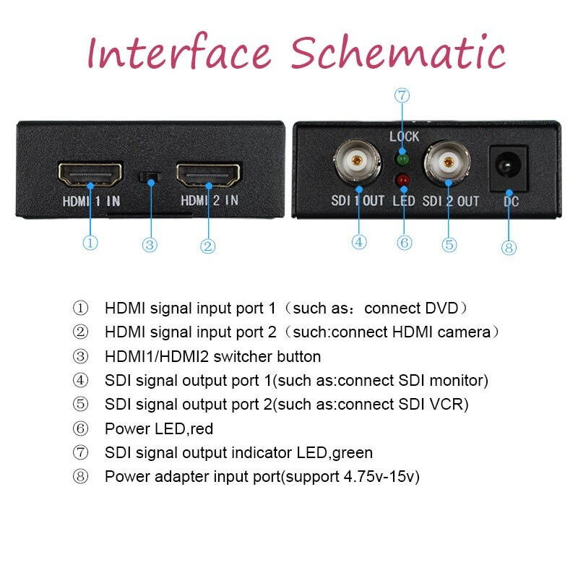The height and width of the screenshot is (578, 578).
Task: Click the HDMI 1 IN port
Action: point(90,173)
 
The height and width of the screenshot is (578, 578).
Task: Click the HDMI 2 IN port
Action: point(209,173)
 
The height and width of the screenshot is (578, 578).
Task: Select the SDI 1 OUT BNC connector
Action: point(358,165)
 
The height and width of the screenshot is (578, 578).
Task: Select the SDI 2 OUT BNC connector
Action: point(449,165)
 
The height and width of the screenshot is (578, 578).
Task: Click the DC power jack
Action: point(509,168)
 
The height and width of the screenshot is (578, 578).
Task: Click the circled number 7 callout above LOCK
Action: point(402,95)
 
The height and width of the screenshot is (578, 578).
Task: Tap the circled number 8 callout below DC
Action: point(509,248)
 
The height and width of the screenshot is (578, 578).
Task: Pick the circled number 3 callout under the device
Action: point(150,245)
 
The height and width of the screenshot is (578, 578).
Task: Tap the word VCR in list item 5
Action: point(447,404)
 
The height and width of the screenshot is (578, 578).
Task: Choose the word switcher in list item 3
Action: point(242,356)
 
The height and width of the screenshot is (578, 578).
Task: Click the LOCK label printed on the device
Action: point(404,137)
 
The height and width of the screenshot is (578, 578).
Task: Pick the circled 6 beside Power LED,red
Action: point(81,428)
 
